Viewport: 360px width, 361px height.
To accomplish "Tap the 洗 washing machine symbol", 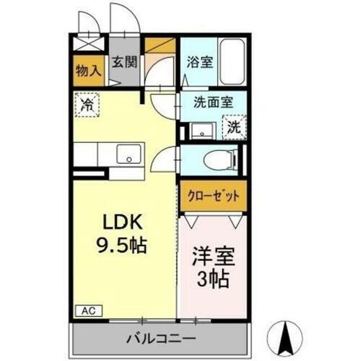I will pos(234,127).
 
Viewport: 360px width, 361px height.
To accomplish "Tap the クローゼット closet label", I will pos(213,195).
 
